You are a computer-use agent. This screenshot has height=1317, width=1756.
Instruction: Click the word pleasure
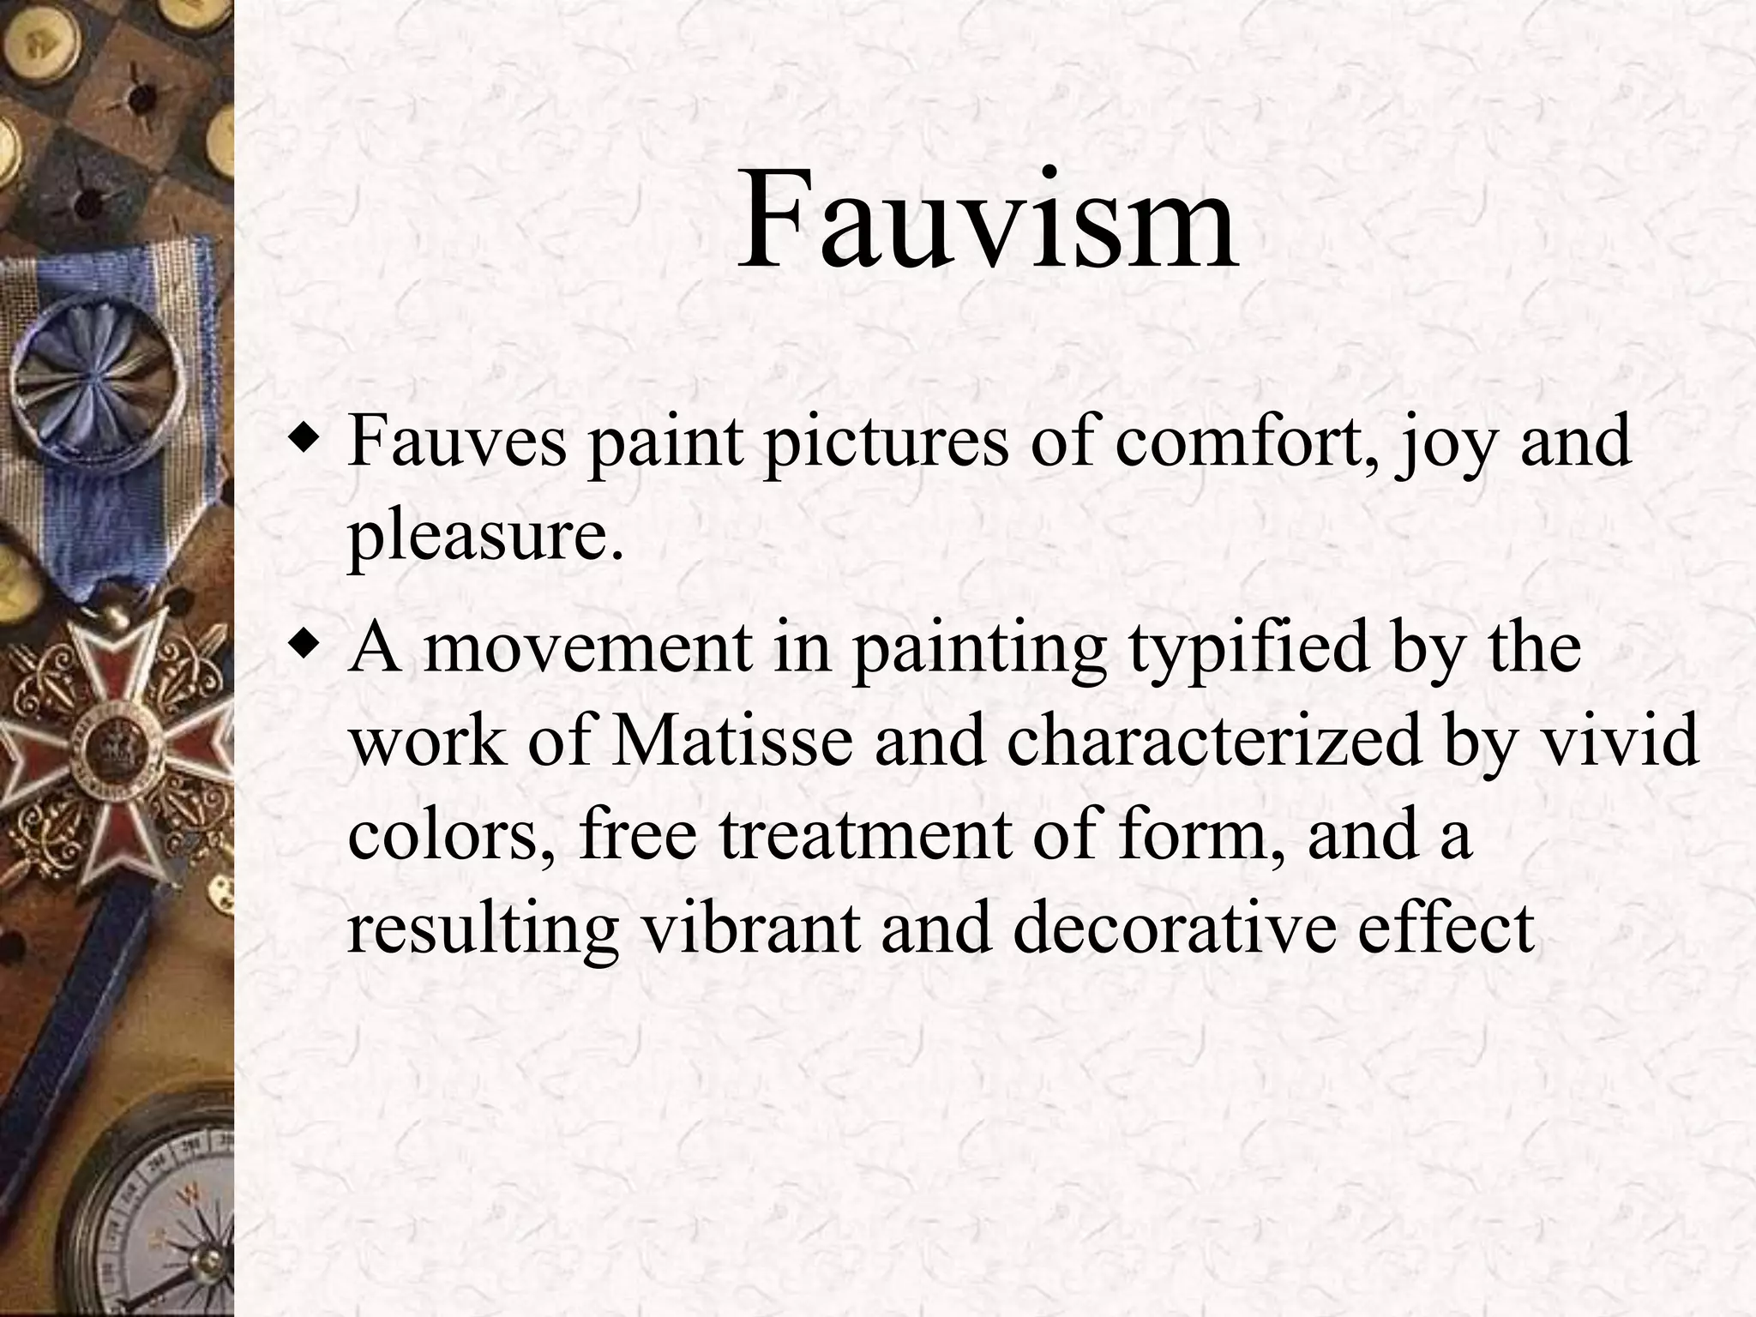(x=485, y=538)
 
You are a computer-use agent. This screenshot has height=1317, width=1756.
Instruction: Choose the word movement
(x=587, y=647)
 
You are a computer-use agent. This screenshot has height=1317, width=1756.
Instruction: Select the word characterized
(x=1213, y=741)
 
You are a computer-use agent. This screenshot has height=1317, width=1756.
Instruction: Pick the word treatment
(x=865, y=835)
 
